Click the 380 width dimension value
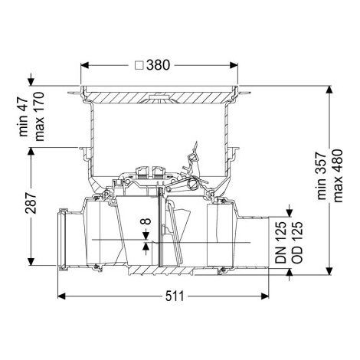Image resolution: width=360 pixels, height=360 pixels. click(158, 65)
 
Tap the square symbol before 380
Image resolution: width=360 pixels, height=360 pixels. click(139, 65)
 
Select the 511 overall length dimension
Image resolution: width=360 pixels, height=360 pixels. click(175, 296)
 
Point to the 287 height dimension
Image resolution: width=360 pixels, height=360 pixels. click(31, 203)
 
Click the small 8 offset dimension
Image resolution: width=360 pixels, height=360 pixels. click(146, 221)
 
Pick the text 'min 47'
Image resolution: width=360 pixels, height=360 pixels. click(23, 117)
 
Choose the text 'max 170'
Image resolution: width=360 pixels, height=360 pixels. click(39, 116)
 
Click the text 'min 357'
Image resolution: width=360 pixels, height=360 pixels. click(322, 176)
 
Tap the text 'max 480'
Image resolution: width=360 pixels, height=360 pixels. click(338, 176)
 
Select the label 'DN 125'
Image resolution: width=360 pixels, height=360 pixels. click(281, 242)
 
